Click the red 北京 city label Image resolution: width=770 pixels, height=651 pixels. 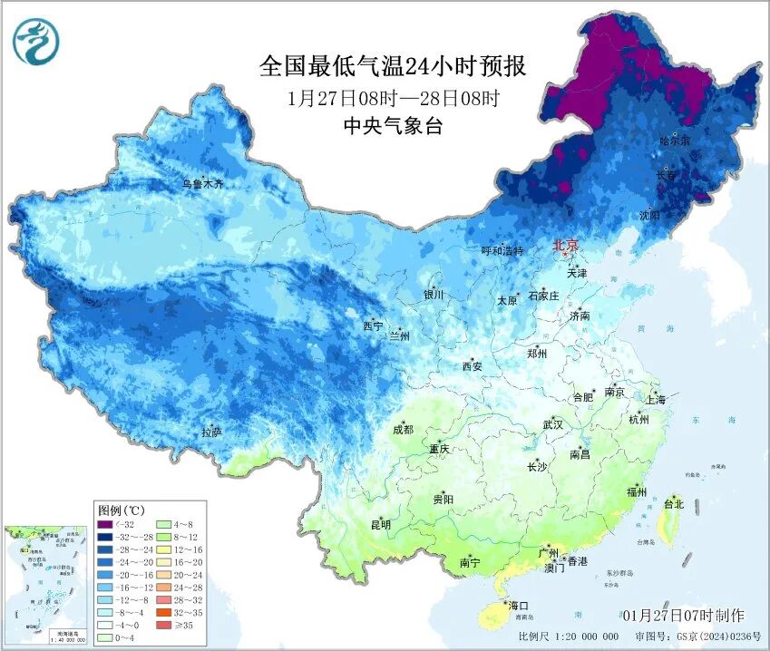click(x=565, y=245)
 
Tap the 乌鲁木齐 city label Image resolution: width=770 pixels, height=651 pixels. click(x=202, y=184)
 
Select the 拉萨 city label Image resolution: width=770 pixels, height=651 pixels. click(x=211, y=432)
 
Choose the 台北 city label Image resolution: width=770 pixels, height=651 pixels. click(x=673, y=503)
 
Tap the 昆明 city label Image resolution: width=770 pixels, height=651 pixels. click(x=380, y=524)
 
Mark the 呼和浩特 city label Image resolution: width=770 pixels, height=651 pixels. click(x=502, y=251)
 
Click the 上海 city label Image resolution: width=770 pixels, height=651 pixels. click(x=656, y=399)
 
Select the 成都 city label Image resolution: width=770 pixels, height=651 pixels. click(x=403, y=430)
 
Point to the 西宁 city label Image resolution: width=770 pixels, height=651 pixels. click(x=373, y=325)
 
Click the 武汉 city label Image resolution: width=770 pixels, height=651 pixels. click(x=552, y=424)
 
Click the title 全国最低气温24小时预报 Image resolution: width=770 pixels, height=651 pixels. click(x=392, y=66)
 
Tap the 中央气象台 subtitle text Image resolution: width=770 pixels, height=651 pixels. click(x=392, y=127)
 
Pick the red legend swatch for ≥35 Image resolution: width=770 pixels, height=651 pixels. click(x=171, y=625)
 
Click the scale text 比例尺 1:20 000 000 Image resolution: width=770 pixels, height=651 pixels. click(x=570, y=636)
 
